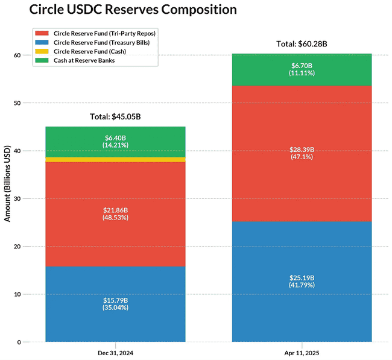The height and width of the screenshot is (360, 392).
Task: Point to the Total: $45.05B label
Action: pyautogui.click(x=115, y=116)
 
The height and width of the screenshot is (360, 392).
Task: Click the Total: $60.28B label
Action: pyautogui.click(x=302, y=43)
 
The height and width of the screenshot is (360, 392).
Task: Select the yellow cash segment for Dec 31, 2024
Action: pyautogui.click(x=115, y=160)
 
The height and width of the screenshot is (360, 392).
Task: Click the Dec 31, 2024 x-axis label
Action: pyautogui.click(x=115, y=352)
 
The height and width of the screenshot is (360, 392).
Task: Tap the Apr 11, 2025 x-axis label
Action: pyautogui.click(x=302, y=352)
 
